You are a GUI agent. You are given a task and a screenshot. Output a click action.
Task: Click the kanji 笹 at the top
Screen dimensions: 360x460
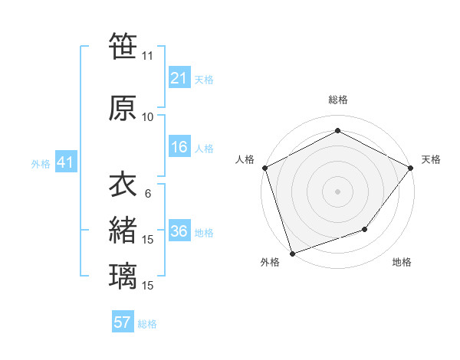pyautogui.click(x=123, y=46)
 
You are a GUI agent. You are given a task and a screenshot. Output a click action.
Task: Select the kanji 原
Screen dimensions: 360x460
pyautogui.click(x=123, y=108)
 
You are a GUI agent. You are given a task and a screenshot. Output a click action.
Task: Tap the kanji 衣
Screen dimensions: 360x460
pyautogui.click(x=123, y=185)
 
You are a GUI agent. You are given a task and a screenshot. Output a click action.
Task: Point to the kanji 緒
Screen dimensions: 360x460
pyautogui.click(x=123, y=231)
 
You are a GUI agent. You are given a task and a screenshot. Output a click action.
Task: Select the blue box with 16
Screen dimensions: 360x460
pyautogui.click(x=179, y=147)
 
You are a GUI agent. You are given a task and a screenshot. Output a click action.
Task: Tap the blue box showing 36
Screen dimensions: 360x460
pyautogui.click(x=179, y=232)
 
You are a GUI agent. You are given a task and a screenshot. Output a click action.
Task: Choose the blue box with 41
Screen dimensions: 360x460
pyautogui.click(x=65, y=162)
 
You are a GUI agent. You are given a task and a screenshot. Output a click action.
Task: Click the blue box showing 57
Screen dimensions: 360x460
pyautogui.click(x=123, y=322)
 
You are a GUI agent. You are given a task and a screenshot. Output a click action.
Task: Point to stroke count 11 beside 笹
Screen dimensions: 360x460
pyautogui.click(x=147, y=56)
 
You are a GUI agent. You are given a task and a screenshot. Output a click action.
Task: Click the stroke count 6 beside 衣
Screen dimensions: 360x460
pyautogui.click(x=148, y=194)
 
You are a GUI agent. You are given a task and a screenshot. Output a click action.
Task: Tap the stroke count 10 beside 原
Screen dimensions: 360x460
pyautogui.click(x=148, y=117)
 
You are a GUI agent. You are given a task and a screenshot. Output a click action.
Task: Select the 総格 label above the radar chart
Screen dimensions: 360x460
pyautogui.click(x=337, y=100)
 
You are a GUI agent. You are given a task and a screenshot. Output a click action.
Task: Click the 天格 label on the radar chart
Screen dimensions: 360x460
pyautogui.click(x=431, y=159)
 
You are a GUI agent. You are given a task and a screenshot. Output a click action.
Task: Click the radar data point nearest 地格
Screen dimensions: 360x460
pyautogui.click(x=366, y=229)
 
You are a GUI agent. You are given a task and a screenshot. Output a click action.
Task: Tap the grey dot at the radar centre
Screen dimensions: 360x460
pyautogui.click(x=337, y=191)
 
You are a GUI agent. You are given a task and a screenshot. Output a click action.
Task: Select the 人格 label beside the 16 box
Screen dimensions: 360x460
pyautogui.click(x=204, y=148)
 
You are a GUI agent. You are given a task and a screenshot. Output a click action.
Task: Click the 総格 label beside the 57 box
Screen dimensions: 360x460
pyautogui.click(x=147, y=323)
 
